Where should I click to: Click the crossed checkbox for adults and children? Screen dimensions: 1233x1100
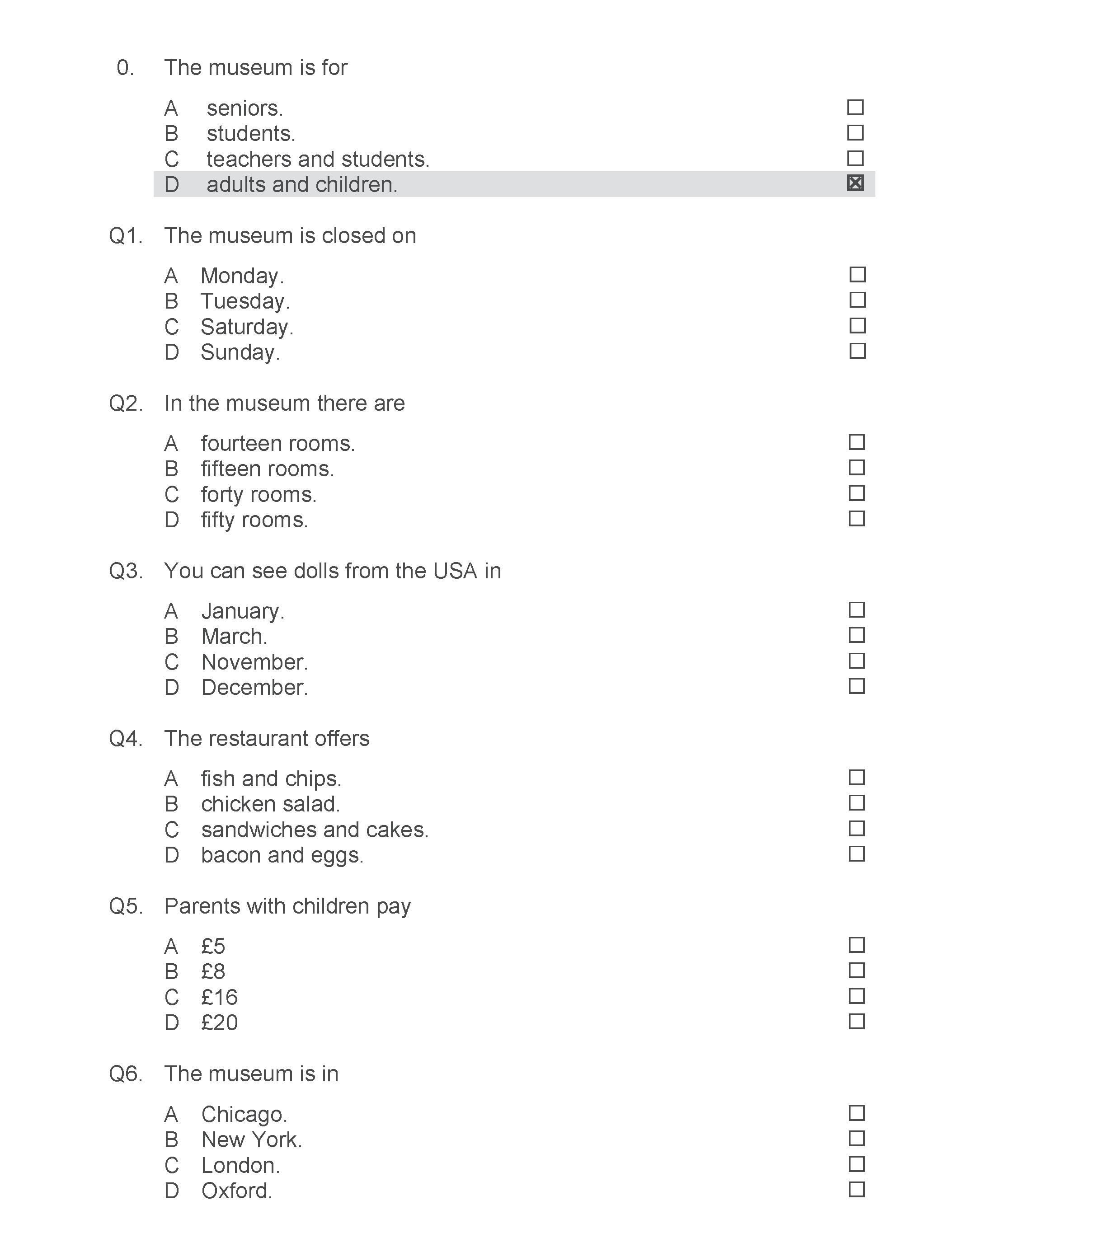point(855,183)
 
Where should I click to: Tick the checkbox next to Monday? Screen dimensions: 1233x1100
point(857,275)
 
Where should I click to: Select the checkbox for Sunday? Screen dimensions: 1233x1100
point(857,351)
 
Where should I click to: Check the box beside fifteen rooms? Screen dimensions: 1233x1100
point(856,468)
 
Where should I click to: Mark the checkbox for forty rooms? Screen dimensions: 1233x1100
point(856,493)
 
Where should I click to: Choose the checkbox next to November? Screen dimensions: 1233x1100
point(856,661)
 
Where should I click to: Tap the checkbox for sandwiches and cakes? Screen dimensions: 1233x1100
point(856,828)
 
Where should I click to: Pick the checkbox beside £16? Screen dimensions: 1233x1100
point(856,996)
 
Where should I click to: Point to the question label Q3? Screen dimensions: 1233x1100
point(126,571)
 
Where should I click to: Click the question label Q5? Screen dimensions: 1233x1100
point(126,906)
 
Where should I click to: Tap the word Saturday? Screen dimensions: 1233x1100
point(246,327)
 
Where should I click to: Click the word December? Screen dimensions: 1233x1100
point(254,688)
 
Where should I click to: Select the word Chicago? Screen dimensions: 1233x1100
point(244,1114)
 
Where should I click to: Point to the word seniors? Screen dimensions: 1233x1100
point(244,108)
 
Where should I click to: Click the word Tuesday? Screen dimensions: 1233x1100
point(244,301)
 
